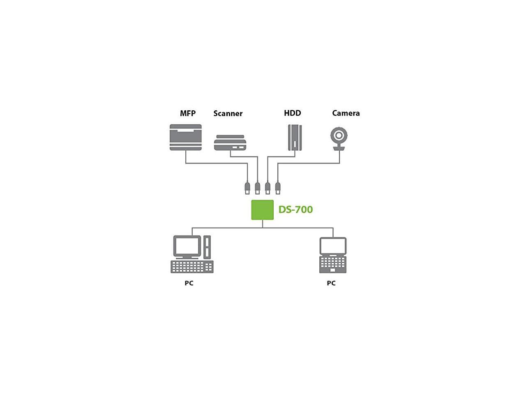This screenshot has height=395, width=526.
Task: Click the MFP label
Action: [187, 113]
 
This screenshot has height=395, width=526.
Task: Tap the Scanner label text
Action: [228, 113]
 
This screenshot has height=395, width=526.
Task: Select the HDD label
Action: [292, 113]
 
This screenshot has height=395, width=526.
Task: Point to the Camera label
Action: [346, 113]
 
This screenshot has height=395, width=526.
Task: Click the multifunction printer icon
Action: [186, 137]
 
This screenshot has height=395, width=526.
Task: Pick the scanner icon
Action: [230, 142]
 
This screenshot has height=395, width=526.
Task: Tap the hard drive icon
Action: [295, 137]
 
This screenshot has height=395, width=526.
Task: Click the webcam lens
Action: [339, 135]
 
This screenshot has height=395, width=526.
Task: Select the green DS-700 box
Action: [262, 210]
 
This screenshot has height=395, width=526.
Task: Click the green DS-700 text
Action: [295, 209]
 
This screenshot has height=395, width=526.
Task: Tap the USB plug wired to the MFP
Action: [247, 188]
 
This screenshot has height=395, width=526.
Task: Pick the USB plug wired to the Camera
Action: [278, 188]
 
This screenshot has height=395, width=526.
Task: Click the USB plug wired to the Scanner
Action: [258, 188]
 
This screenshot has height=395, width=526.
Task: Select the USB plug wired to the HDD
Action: [268, 188]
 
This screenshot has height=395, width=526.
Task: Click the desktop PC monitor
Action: [187, 246]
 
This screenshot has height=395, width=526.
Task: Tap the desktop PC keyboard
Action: [192, 267]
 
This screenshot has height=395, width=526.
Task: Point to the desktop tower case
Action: [207, 246]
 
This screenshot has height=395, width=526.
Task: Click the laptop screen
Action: [333, 246]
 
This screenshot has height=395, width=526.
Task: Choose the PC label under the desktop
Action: [189, 283]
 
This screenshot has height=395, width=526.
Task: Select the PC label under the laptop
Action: [331, 283]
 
